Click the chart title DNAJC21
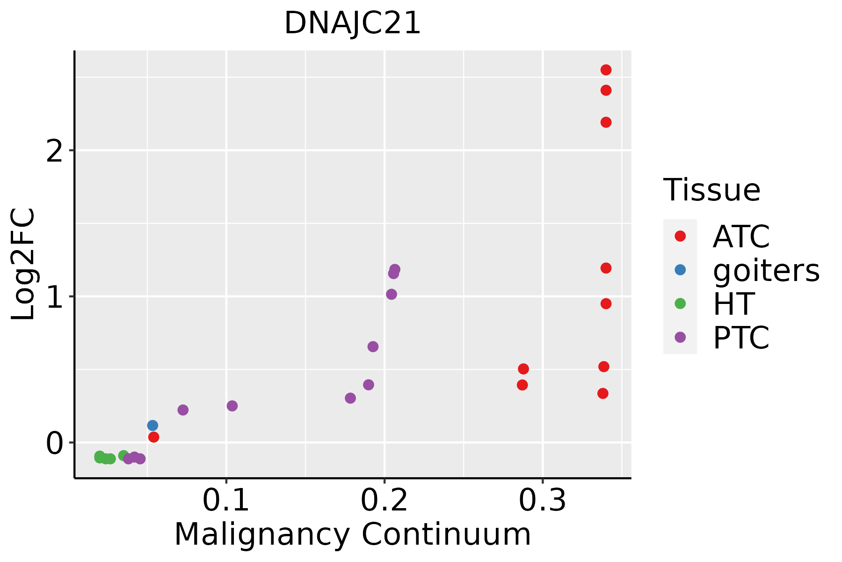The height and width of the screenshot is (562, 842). [353, 23]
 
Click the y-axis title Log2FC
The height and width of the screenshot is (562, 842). [23, 265]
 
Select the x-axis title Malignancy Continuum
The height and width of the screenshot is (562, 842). [353, 535]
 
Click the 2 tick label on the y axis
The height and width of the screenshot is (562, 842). [55, 151]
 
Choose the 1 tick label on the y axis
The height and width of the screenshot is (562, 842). [55, 297]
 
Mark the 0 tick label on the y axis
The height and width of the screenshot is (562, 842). [55, 443]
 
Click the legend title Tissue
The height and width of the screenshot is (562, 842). [712, 190]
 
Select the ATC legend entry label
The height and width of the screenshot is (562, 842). [741, 237]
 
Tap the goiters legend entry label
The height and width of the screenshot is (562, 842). [766, 270]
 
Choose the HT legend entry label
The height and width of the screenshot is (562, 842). [733, 304]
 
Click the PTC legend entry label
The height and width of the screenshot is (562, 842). [741, 338]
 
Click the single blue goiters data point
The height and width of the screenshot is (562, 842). [152, 426]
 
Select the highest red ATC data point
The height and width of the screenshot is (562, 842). [606, 70]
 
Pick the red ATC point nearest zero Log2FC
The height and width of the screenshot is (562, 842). [153, 437]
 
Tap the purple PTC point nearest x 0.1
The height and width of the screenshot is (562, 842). [232, 406]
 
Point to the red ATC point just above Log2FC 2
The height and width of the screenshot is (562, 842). [606, 122]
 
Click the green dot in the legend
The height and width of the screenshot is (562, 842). [680, 303]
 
